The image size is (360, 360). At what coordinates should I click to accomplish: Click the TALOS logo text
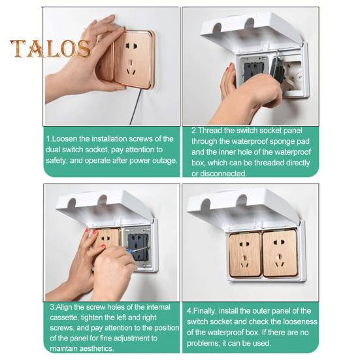point(50,48)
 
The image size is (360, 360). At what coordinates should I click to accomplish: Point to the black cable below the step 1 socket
point(135,106)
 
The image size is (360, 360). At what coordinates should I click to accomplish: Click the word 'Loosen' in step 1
point(65,139)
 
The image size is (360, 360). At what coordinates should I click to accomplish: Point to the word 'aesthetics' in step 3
point(97,348)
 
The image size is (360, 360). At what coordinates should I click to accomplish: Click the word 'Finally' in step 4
point(205,311)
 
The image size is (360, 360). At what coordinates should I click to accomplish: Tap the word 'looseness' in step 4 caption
point(300,321)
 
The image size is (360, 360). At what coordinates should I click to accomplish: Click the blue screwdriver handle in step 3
point(129,251)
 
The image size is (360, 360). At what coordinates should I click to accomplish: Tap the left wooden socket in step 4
point(245,255)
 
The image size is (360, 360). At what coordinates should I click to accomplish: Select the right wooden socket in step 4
point(280,254)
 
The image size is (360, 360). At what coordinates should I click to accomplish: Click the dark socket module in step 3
point(139,247)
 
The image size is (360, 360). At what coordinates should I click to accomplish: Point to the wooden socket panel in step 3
point(107,238)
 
